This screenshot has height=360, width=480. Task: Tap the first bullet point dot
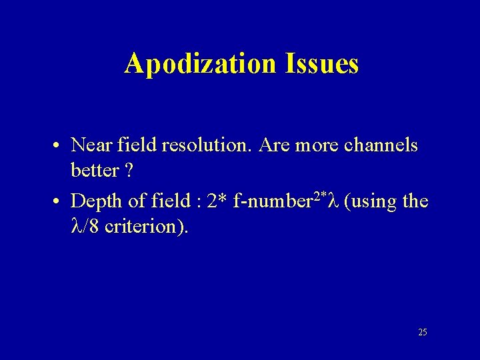point(59,145)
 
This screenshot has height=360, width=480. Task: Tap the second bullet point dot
point(59,201)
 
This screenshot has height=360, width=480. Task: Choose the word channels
point(379,145)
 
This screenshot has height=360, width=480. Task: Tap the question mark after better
point(128,171)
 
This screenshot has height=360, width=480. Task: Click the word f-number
point(275,201)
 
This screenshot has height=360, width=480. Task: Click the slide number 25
point(423,331)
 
